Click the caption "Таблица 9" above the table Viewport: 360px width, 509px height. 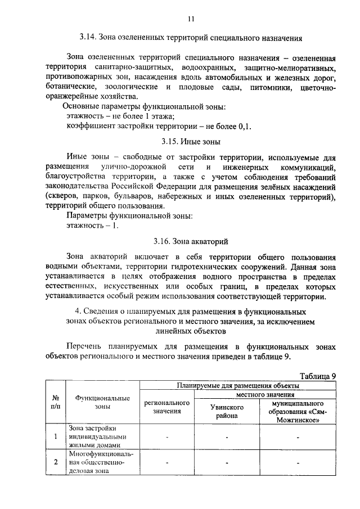317,376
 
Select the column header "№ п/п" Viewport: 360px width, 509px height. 55,400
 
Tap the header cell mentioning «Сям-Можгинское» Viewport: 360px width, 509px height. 297,411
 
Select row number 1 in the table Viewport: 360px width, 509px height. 55,436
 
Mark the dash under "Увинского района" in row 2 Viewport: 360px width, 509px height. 226,463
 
